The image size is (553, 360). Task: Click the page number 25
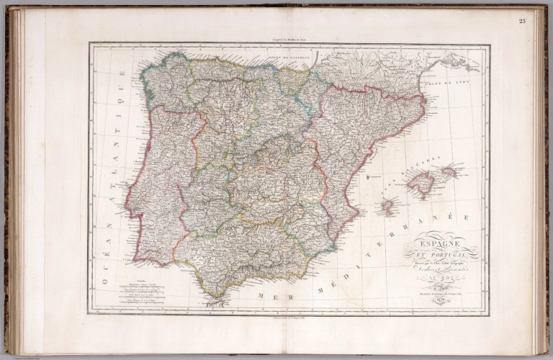(522, 19)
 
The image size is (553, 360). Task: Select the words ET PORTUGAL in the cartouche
(441, 256)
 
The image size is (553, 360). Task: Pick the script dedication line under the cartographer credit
(441, 267)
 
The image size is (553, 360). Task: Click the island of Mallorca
(420, 183)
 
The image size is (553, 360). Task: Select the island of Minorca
(449, 171)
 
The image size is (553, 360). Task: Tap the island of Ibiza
(387, 207)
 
